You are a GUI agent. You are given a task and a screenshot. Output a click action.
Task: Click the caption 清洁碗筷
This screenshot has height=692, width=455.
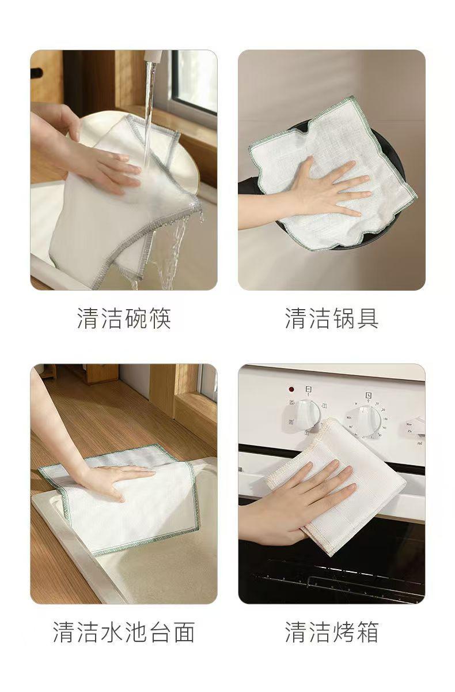click(124, 318)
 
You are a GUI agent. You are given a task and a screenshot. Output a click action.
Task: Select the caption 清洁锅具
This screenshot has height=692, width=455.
click(332, 318)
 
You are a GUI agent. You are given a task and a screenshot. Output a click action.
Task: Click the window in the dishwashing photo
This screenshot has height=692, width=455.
click(195, 82)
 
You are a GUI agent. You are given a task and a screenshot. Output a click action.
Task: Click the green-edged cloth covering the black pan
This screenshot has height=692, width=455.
click(333, 176)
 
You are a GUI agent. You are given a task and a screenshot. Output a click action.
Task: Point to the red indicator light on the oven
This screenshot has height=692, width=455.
click(291, 389)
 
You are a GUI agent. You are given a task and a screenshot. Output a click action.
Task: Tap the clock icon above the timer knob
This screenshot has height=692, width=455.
click(368, 395)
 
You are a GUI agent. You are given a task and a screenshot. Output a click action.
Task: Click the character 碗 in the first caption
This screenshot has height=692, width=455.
click(136, 318)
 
